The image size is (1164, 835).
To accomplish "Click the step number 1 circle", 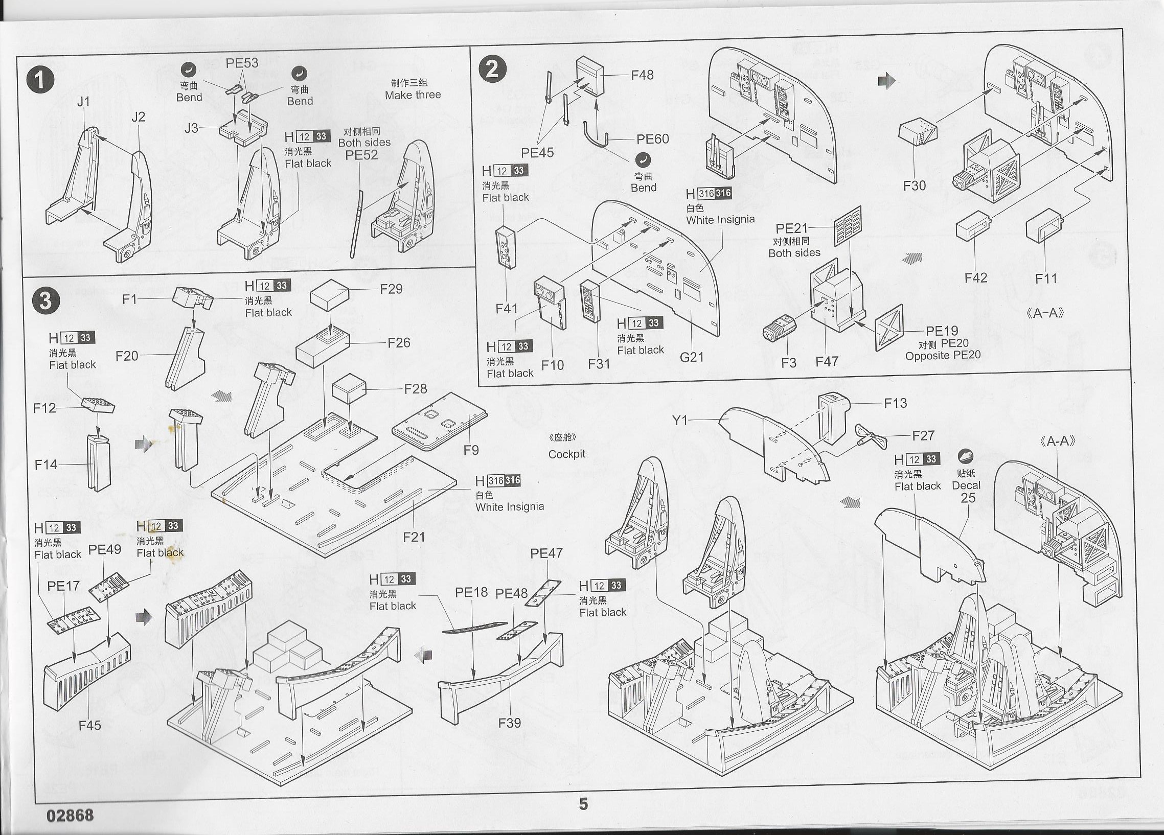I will click(40, 80).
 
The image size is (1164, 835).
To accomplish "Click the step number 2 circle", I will click(492, 68).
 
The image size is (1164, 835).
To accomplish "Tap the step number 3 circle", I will click(45, 300).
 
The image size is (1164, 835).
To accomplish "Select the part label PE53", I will click(242, 63).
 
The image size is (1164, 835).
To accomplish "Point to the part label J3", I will click(191, 128).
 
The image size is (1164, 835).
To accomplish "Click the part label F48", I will click(642, 75).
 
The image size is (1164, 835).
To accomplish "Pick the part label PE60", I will click(652, 139).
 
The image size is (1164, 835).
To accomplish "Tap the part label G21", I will click(691, 357).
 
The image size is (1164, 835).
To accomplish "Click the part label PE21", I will click(791, 228).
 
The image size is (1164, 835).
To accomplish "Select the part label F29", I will click(391, 289).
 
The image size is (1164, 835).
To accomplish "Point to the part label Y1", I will click(679, 421).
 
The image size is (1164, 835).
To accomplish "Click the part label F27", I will click(923, 435).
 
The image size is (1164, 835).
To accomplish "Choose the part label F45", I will click(89, 725).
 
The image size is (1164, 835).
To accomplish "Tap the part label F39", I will click(509, 723).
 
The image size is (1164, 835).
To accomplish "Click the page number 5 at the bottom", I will click(583, 804).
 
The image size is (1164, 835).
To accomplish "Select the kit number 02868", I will click(70, 815).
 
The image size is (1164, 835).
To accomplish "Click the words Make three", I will click(413, 95).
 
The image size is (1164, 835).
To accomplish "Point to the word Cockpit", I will click(566, 454).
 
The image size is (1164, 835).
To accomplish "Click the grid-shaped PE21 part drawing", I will click(848, 225).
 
